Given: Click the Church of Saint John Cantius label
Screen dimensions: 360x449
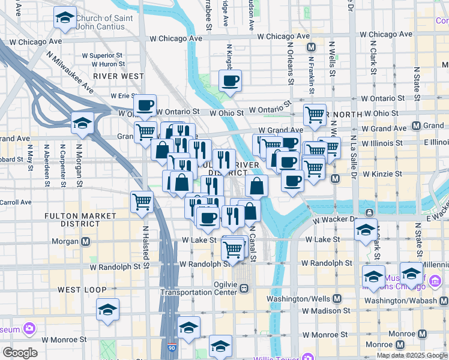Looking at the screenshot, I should point(106,22).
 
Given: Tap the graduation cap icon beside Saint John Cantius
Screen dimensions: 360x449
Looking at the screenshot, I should point(65,18).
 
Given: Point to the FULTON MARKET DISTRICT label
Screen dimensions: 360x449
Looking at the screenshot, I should point(80,219).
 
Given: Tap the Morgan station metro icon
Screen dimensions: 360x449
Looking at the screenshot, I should point(85,242).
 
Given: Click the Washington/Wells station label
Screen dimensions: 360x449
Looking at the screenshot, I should point(306,298).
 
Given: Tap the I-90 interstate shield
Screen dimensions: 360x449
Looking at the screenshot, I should point(172,347).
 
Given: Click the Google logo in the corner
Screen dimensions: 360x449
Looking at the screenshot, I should point(20,352).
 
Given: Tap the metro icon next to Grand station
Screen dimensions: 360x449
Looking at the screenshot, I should point(416,125).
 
